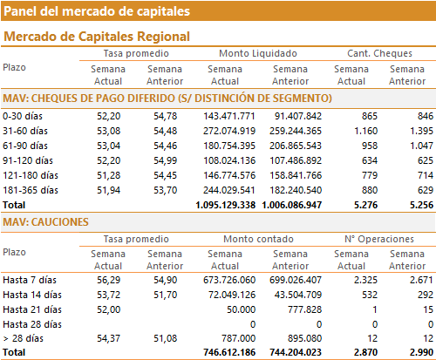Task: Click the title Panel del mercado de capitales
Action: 97,11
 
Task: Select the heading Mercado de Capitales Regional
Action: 97,37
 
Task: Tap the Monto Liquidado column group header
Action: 258,53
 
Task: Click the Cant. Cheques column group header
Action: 379,53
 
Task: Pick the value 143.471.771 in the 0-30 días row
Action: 229,116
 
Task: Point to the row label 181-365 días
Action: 31,190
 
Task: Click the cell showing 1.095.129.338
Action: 226,205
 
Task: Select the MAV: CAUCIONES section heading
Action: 45,222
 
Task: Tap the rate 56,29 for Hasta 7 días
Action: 108,280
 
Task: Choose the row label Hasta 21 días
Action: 32,309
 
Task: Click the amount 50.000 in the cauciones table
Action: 241,309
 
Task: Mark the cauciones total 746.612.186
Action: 229,352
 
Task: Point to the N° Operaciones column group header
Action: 379,239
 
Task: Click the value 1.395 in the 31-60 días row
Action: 421,131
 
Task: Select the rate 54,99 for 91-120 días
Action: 165,160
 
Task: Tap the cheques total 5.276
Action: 365,205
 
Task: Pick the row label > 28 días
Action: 24,338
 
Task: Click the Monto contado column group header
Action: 258,239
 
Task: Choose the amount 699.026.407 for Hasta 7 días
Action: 296,280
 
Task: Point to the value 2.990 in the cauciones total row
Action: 421,352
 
